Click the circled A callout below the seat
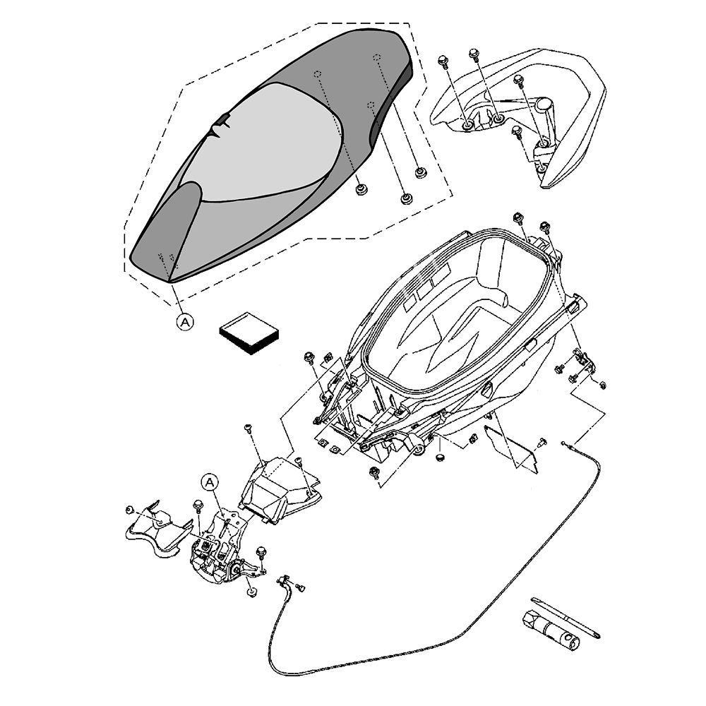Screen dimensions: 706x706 [184, 322]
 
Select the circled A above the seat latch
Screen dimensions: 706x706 [210, 482]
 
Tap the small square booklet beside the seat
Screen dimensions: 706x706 [250, 334]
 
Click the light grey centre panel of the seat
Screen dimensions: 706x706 [268, 141]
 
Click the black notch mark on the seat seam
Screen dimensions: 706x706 [223, 121]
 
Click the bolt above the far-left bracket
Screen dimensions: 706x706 [130, 510]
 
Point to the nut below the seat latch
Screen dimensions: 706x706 [252, 591]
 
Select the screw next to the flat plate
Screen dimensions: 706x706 [542, 443]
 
